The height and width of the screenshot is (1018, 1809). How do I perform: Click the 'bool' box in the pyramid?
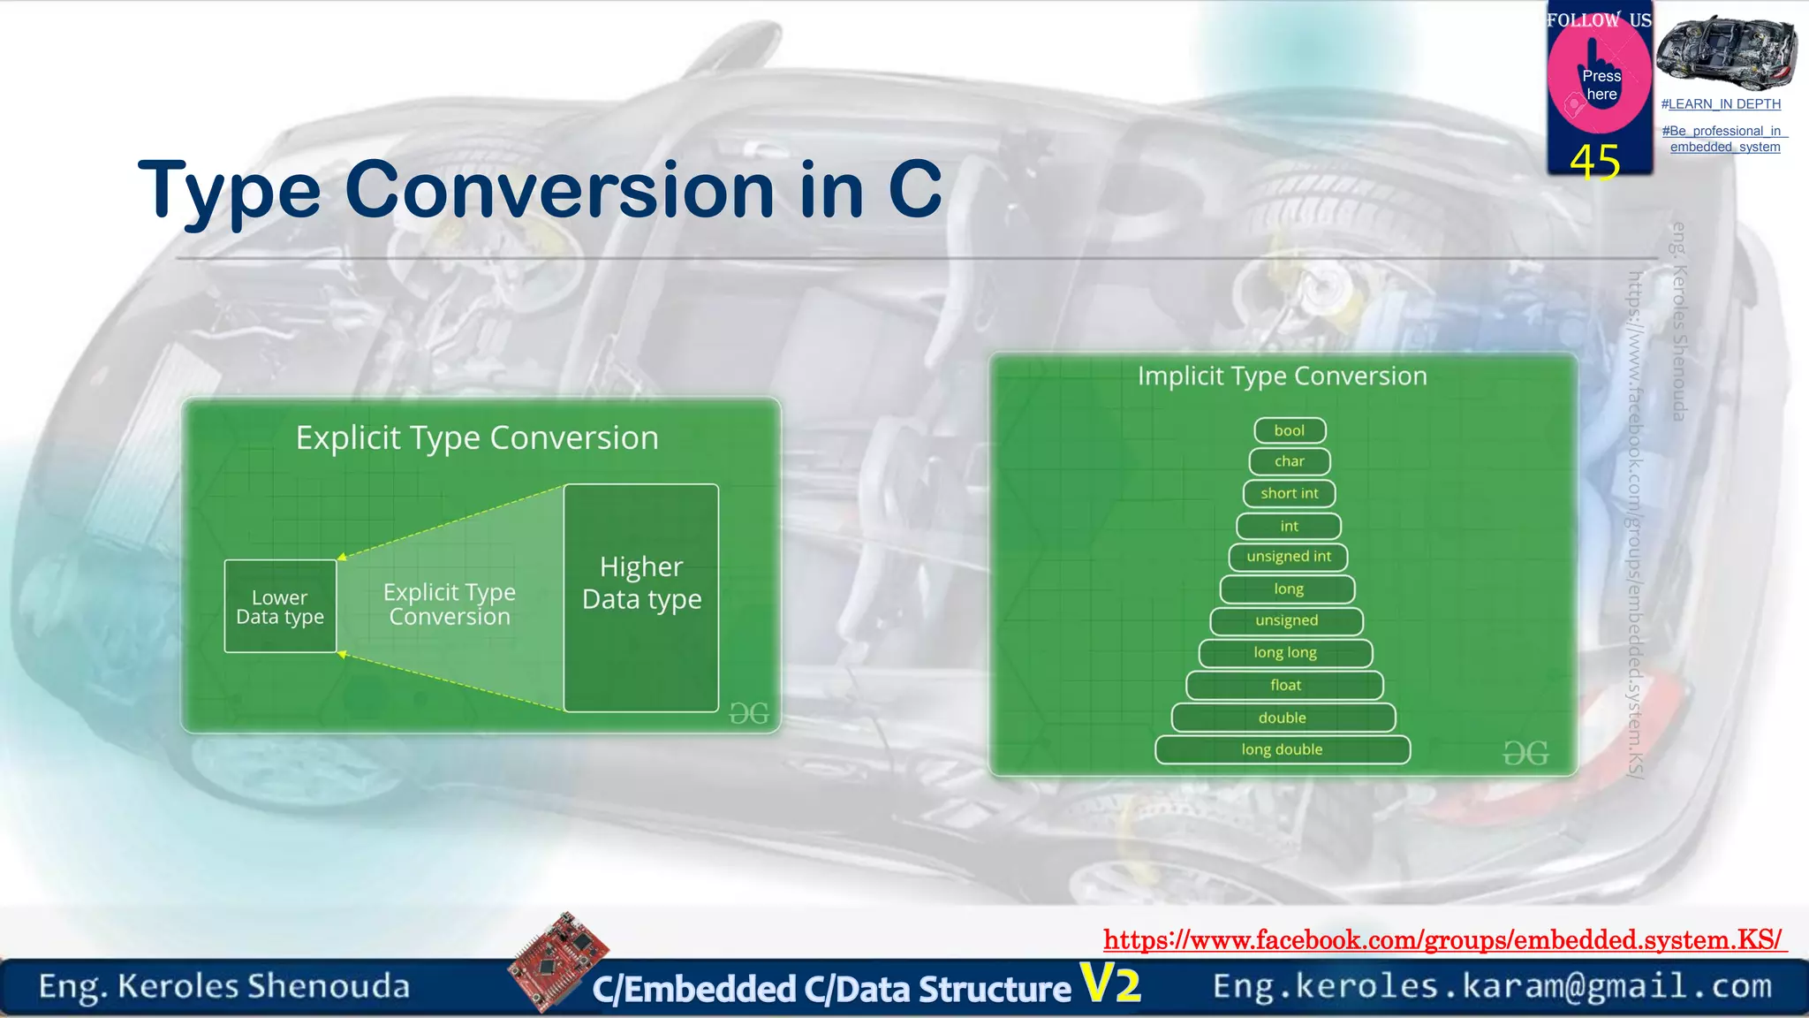pyautogui.click(x=1290, y=430)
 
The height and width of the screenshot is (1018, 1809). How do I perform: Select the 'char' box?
pyautogui.click(x=1290, y=461)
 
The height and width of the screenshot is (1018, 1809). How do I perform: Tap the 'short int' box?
pyautogui.click(x=1290, y=493)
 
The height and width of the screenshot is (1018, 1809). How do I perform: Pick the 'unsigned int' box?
pyautogui.click(x=1289, y=557)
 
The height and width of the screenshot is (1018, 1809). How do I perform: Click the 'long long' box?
pyautogui.click(x=1285, y=653)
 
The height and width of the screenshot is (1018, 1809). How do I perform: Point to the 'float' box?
pyautogui.click(x=1285, y=685)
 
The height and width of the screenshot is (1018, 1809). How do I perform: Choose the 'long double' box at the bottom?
pyautogui.click(x=1282, y=749)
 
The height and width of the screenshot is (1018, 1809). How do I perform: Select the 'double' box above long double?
pyautogui.click(x=1283, y=718)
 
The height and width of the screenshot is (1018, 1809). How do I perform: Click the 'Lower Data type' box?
pyautogui.click(x=280, y=607)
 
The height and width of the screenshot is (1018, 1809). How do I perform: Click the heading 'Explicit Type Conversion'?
pyautogui.click(x=477, y=438)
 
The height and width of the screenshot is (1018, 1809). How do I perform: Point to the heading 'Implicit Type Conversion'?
pyautogui.click(x=1282, y=376)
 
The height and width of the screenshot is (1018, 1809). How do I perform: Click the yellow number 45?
pyautogui.click(x=1595, y=163)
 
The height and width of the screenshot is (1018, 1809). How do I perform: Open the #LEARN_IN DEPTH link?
pyautogui.click(x=1721, y=104)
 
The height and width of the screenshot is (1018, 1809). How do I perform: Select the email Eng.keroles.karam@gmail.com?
pyautogui.click(x=1492, y=986)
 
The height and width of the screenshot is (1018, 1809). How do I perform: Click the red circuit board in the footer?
pyautogui.click(x=558, y=961)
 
